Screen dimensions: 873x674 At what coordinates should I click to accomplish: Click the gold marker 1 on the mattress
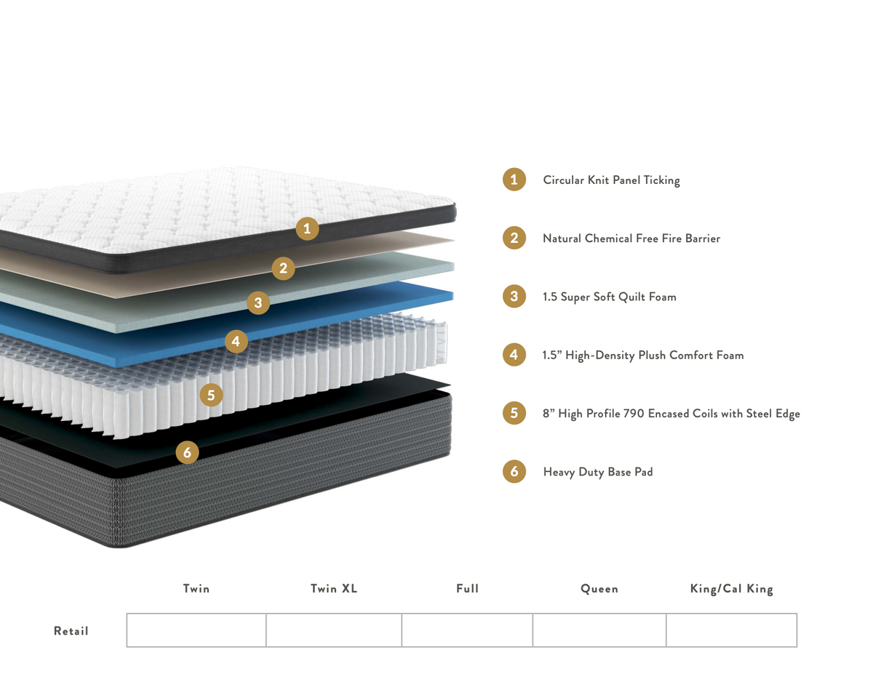307,229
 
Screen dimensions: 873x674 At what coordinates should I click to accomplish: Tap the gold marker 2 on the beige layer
283,268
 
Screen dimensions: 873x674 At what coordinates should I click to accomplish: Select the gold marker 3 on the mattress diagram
258,302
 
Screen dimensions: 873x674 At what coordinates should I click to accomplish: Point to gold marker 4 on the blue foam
236,342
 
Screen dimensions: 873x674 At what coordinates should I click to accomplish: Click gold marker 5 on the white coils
211,395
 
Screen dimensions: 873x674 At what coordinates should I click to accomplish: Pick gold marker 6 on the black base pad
187,452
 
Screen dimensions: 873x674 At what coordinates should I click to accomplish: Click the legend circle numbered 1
514,180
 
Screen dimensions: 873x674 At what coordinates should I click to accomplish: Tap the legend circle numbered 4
514,355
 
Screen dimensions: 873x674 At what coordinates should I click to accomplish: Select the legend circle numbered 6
514,471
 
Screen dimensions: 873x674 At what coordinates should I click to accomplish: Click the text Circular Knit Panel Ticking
611,180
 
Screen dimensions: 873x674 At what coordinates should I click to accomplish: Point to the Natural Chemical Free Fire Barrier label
631,238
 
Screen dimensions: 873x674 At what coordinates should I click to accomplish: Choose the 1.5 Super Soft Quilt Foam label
610,297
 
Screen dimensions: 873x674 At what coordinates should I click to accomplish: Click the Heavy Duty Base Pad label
598,472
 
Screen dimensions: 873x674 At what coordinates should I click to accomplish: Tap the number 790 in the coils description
634,414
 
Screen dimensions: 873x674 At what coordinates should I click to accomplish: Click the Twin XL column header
334,588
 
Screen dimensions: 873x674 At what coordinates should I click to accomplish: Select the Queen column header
599,589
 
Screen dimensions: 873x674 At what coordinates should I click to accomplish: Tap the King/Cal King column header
732,589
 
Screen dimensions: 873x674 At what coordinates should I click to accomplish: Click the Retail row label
71,631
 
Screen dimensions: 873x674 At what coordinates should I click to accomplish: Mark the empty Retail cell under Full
467,630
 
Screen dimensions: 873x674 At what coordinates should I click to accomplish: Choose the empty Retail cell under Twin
196,630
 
